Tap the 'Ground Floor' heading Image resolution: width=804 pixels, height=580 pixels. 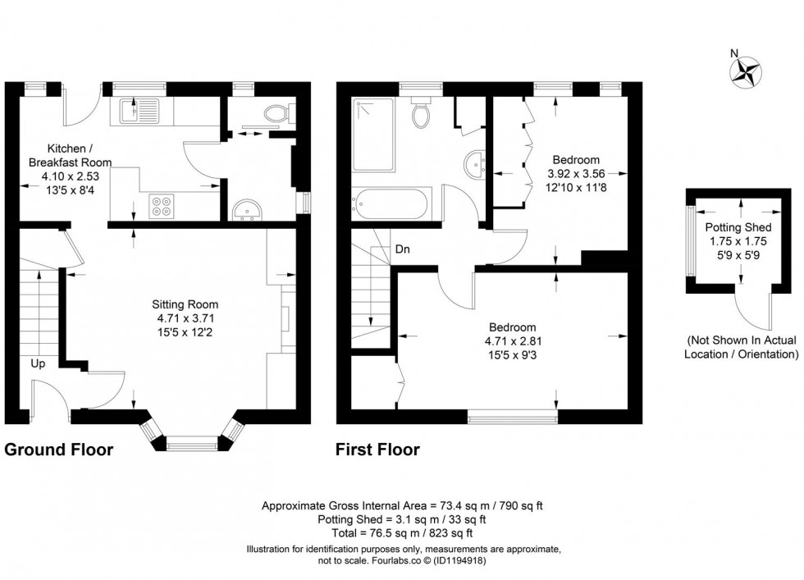[59, 450]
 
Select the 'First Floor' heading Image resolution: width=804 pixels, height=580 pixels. [377, 450]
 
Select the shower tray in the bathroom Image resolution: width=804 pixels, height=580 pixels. [373, 135]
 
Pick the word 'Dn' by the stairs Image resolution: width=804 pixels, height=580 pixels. [403, 249]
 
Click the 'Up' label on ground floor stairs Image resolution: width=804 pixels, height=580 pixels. [38, 363]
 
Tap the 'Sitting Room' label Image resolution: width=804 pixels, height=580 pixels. [185, 304]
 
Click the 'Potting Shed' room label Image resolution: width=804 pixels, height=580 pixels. [738, 227]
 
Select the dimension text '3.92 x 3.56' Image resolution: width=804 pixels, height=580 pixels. [576, 173]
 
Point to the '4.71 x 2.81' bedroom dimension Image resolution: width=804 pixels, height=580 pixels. [513, 341]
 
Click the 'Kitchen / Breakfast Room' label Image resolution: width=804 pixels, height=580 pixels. [71, 155]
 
